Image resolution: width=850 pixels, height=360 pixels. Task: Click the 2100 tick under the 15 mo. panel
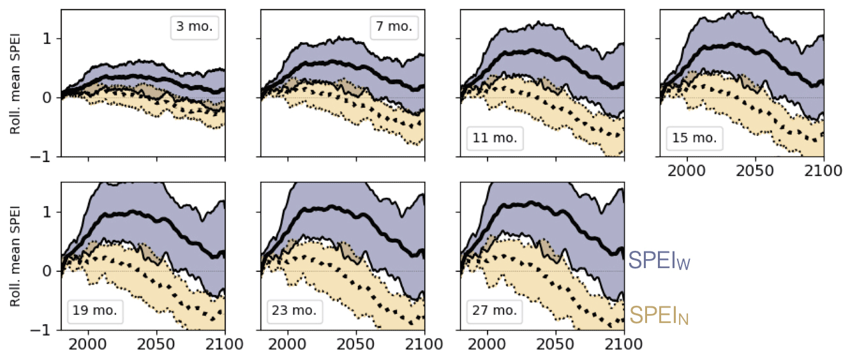[x=823, y=172]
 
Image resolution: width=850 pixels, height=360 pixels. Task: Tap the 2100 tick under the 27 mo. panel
[x=623, y=346]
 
